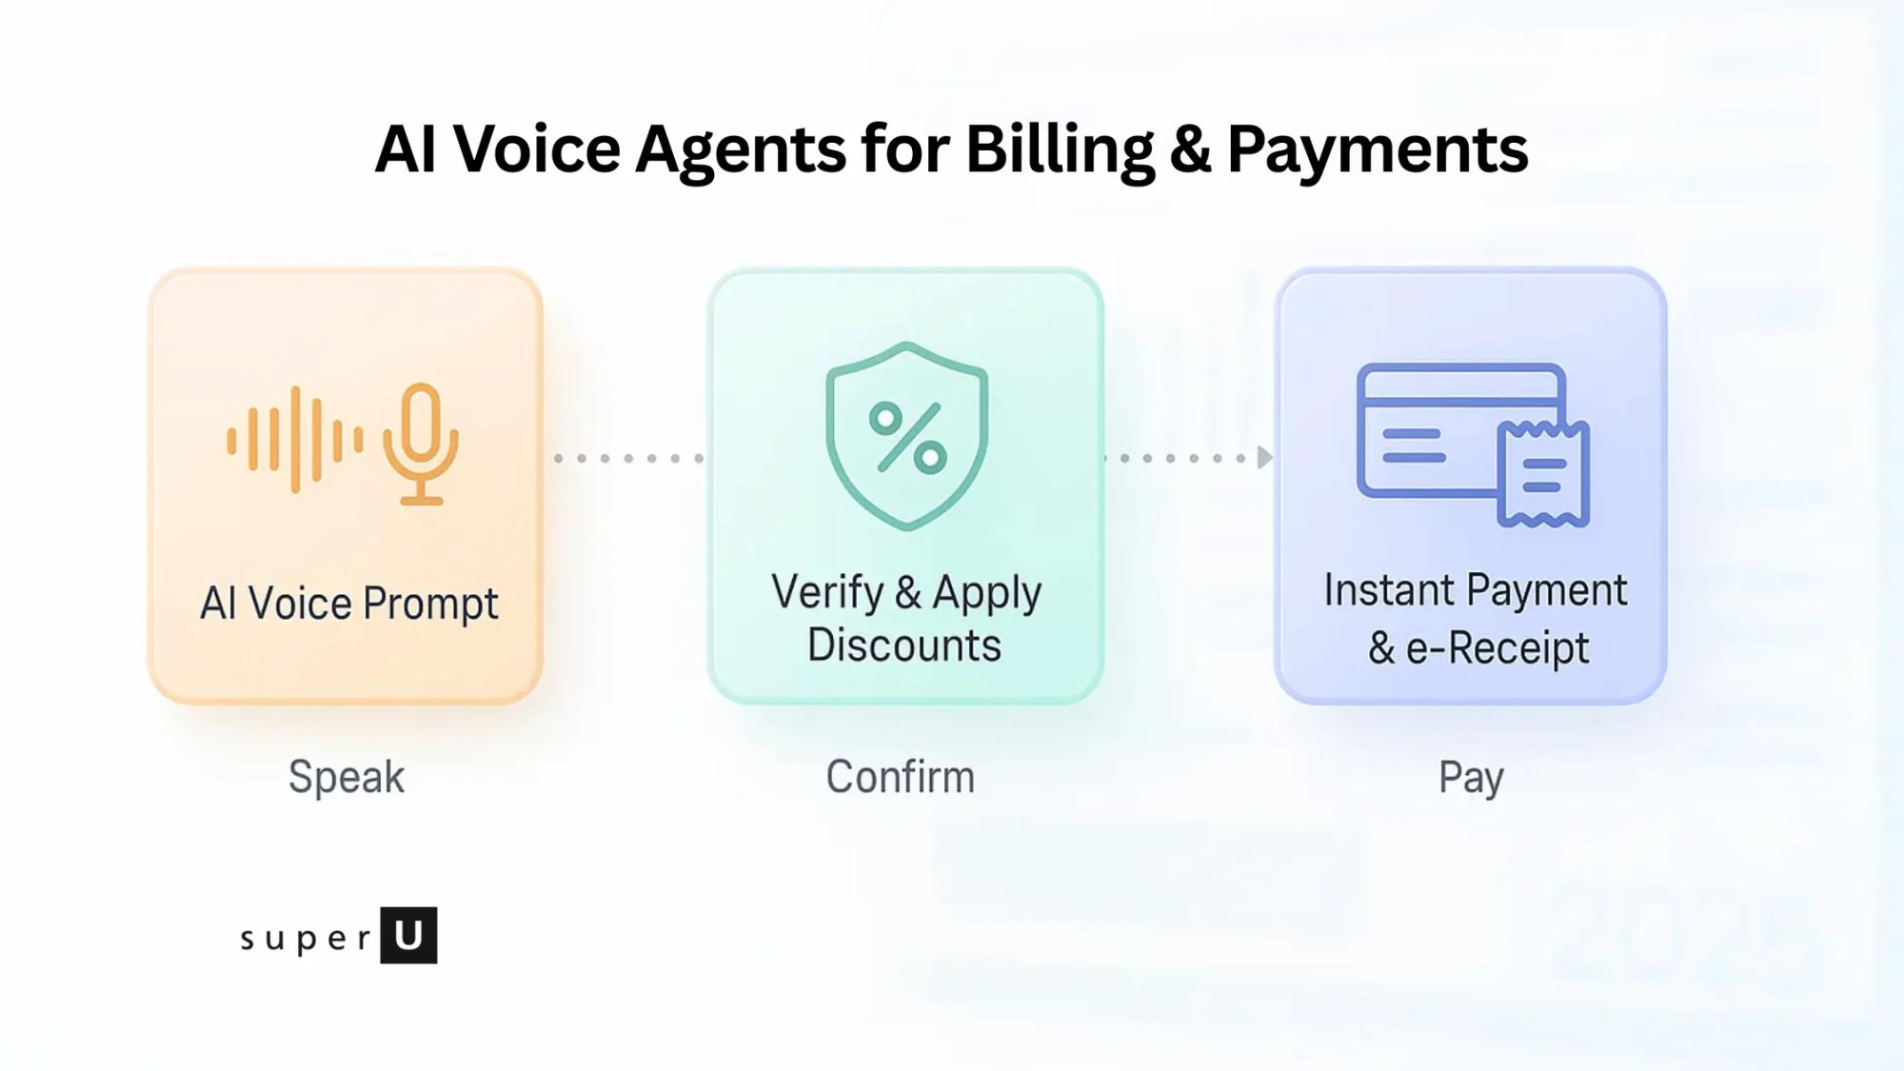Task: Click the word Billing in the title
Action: click(x=1060, y=150)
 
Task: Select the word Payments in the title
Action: click(x=1378, y=150)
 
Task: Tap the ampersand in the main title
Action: click(x=1190, y=150)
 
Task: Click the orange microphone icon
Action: click(x=421, y=443)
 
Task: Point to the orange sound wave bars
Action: click(x=294, y=440)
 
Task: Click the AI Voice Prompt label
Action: click(x=348, y=604)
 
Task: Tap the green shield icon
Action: click(x=906, y=435)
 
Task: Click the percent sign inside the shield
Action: click(x=907, y=438)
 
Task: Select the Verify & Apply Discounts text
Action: click(x=905, y=618)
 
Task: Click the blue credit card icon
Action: click(x=1428, y=428)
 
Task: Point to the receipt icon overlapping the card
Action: click(x=1543, y=474)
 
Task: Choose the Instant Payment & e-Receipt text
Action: click(x=1476, y=619)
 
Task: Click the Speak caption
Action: click(x=347, y=777)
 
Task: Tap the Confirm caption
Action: click(x=900, y=777)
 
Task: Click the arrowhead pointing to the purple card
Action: click(x=1264, y=458)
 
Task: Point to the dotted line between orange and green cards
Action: click(x=628, y=458)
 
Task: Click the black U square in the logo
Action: click(x=408, y=935)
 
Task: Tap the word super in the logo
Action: click(x=306, y=939)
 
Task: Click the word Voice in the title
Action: click(x=536, y=150)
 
